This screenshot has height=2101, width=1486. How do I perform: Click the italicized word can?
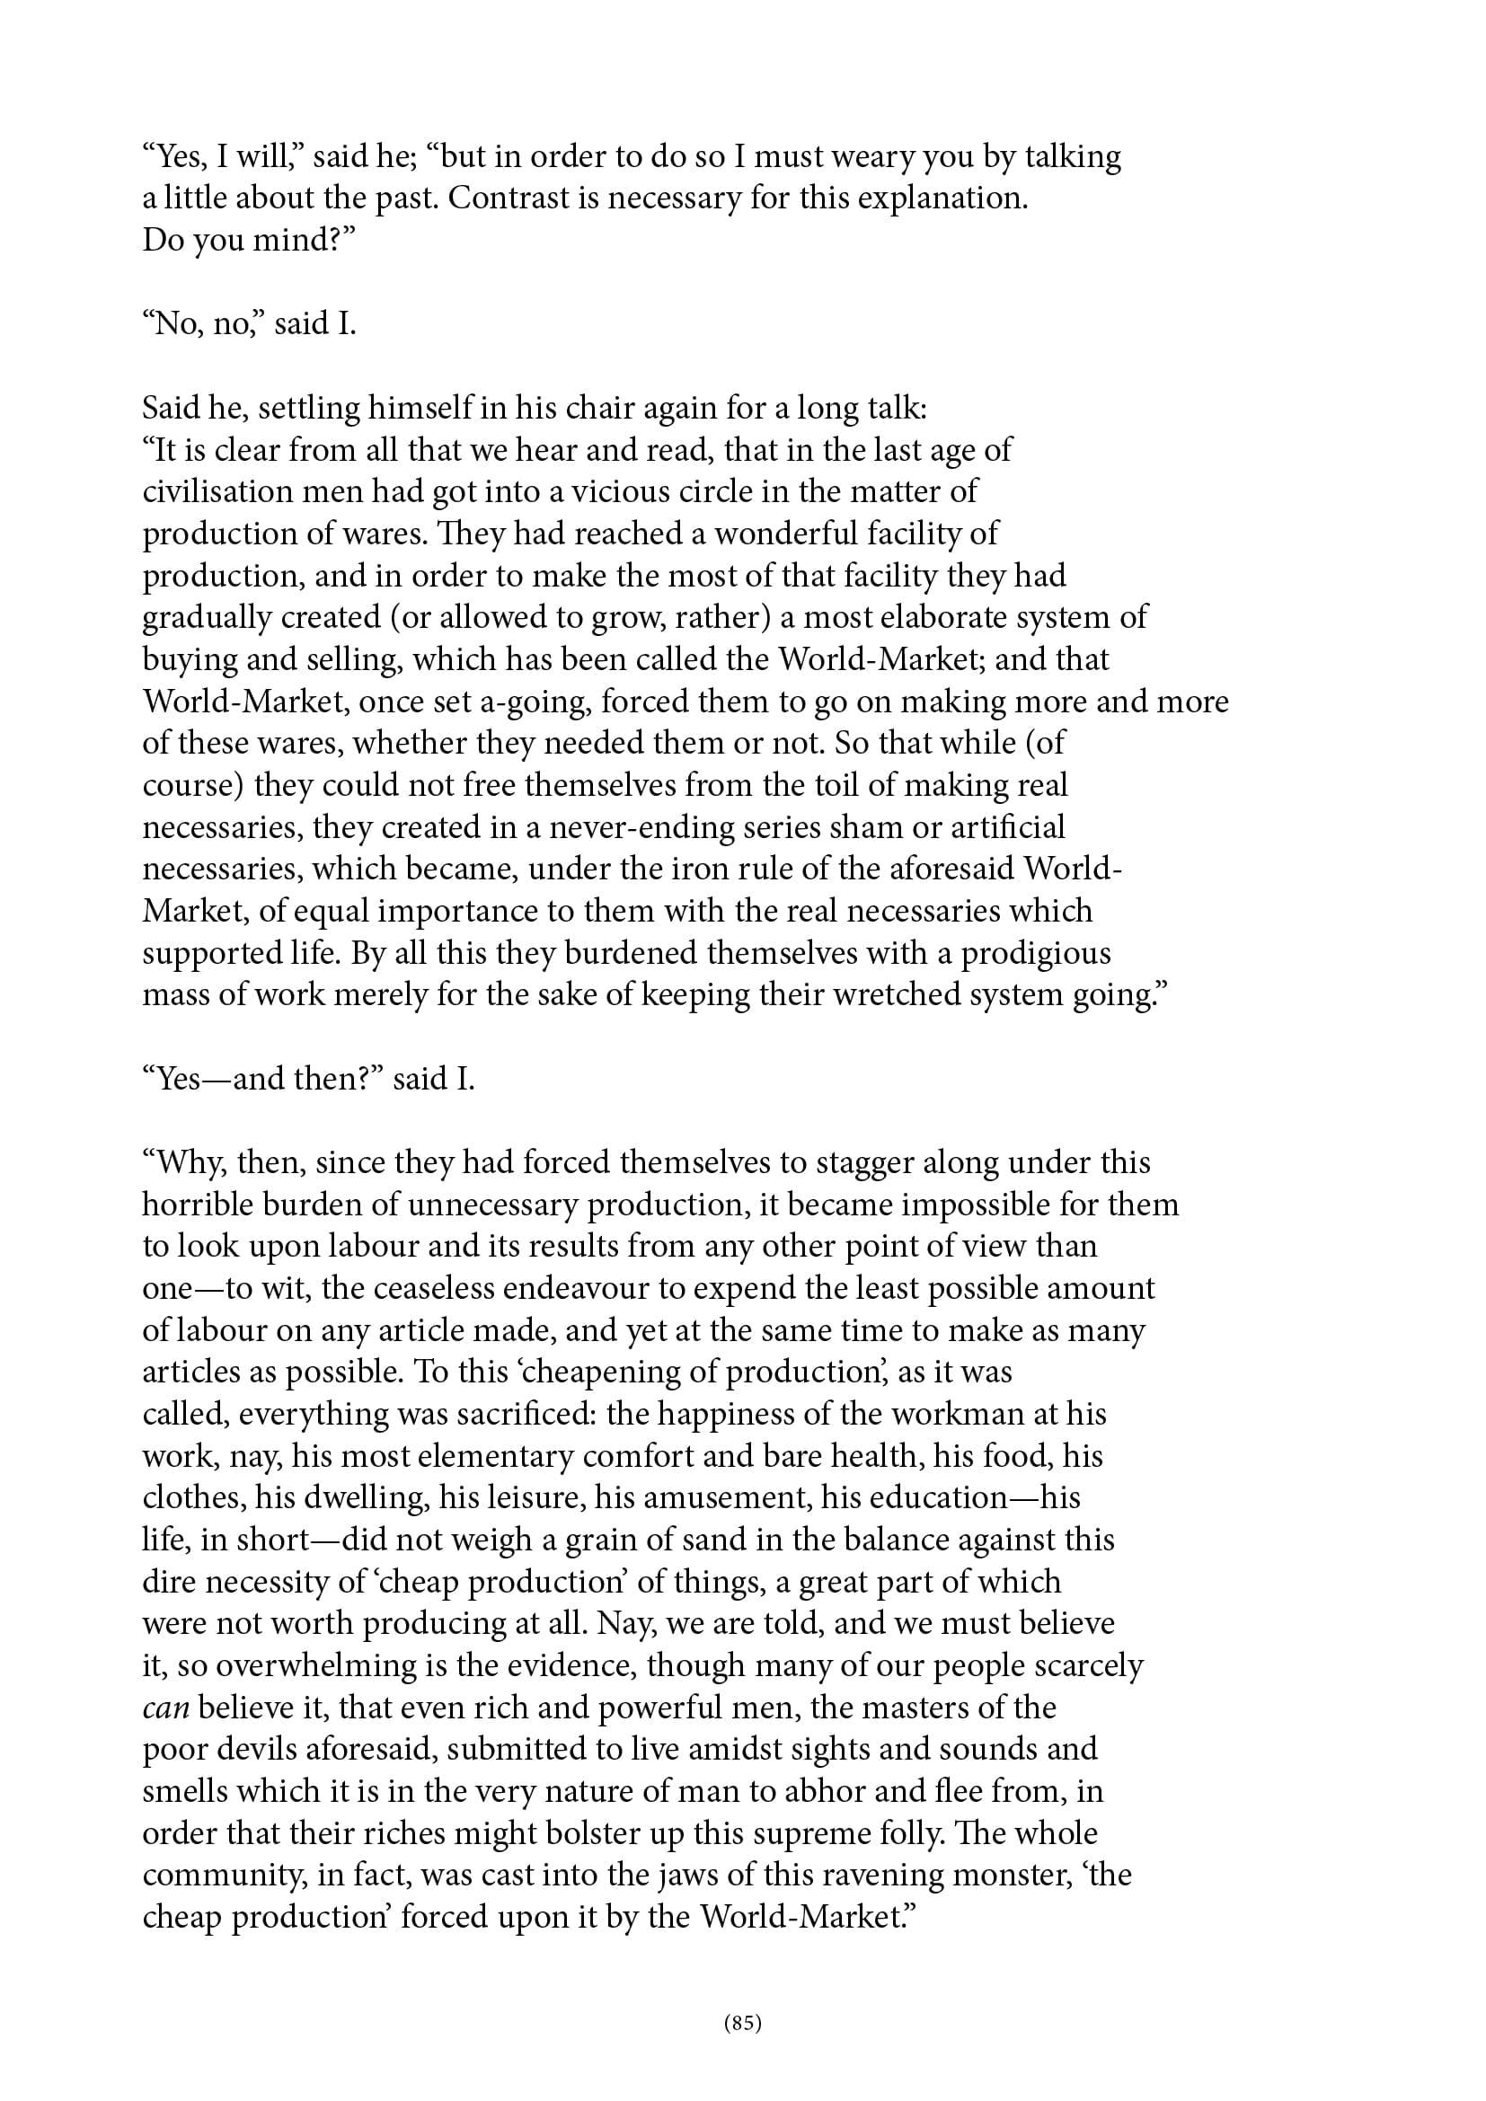click(165, 1708)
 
